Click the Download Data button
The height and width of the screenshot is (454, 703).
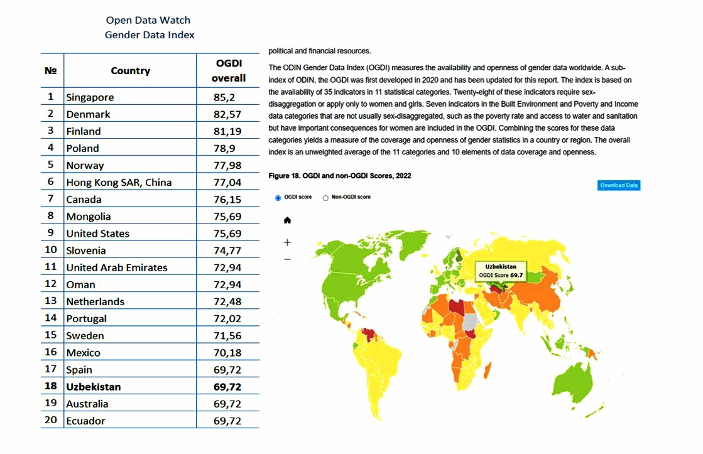[x=618, y=185]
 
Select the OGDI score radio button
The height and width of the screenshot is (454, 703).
[x=278, y=197]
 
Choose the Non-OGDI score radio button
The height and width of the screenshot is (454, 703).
[x=325, y=197]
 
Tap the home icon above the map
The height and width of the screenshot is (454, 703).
[x=288, y=220]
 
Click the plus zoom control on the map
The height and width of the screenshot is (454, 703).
[x=288, y=242]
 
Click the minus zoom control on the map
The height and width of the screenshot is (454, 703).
[x=288, y=259]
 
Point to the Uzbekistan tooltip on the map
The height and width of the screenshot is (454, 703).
[x=500, y=271]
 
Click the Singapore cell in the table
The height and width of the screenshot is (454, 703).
[x=90, y=97]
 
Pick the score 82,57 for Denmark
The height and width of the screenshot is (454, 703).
[x=227, y=114]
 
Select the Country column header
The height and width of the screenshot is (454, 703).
[x=130, y=70]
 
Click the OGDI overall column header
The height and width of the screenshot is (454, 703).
[x=228, y=70]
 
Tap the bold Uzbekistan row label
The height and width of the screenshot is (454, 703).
[x=94, y=386]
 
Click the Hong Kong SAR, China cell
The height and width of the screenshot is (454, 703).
[x=119, y=182]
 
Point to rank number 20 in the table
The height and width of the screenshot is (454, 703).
[x=51, y=420]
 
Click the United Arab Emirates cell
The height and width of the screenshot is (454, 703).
[x=117, y=268]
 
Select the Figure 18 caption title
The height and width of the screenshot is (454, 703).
[x=339, y=175]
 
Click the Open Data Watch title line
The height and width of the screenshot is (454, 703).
[x=148, y=21]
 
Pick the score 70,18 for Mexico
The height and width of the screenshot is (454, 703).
[x=227, y=352]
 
